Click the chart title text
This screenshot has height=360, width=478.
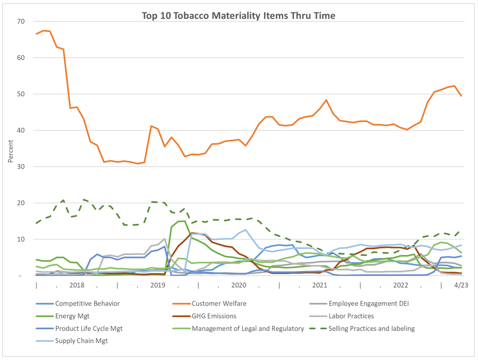pyautogui.click(x=238, y=16)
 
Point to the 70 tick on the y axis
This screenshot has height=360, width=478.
pyautogui.click(x=21, y=21)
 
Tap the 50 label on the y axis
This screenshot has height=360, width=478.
pyautogui.click(x=21, y=94)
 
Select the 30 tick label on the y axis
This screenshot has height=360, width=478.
pyautogui.click(x=21, y=167)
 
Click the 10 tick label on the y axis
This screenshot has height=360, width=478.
pyautogui.click(x=21, y=240)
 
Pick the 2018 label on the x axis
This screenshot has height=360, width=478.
pyautogui.click(x=77, y=285)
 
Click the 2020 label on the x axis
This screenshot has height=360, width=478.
pyautogui.click(x=239, y=285)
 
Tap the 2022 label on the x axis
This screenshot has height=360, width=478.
pyautogui.click(x=400, y=285)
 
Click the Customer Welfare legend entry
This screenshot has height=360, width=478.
pyautogui.click(x=219, y=304)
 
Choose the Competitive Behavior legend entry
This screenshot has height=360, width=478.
pyautogui.click(x=87, y=304)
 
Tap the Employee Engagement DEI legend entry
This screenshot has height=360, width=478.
pyautogui.click(x=369, y=304)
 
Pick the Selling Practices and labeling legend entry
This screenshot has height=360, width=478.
pyautogui.click(x=371, y=329)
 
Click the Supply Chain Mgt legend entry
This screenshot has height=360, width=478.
pyautogui.click(x=81, y=341)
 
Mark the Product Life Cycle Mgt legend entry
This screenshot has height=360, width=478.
pyautogui.click(x=89, y=329)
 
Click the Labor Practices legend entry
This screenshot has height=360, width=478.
pyautogui.click(x=351, y=316)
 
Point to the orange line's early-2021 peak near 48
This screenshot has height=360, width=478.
pyautogui.click(x=326, y=100)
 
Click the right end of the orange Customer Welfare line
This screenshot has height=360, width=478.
pyautogui.click(x=461, y=95)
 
